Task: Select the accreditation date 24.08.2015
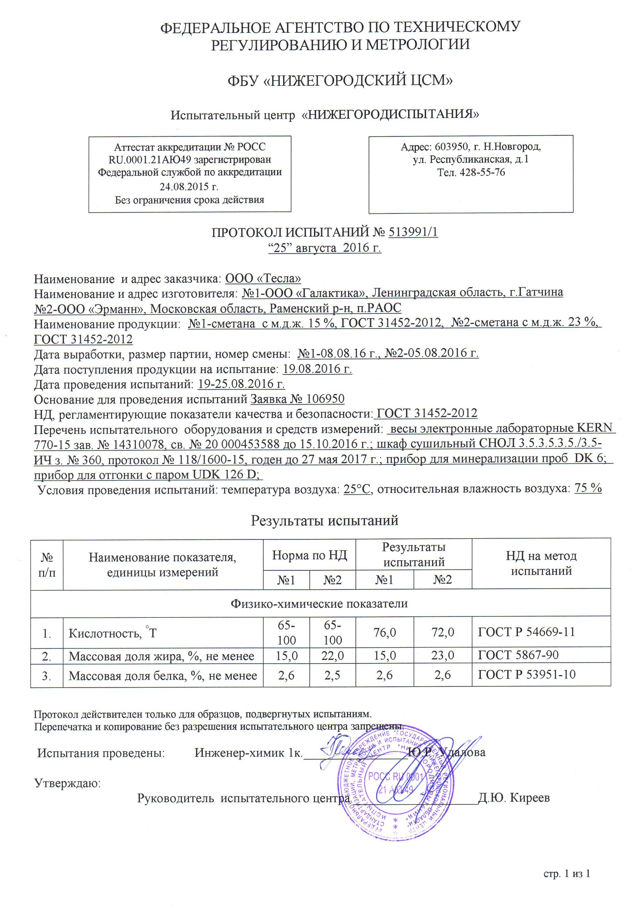click(x=189, y=187)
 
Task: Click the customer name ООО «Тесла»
click(x=263, y=278)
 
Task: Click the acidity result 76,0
click(x=385, y=633)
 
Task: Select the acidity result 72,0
click(x=443, y=633)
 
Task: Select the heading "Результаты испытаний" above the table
click(x=324, y=521)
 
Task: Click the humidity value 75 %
click(x=588, y=489)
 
